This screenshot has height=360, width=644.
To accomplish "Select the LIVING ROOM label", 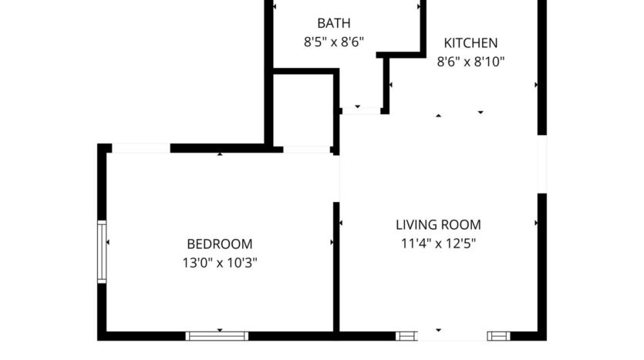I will coord(438,225).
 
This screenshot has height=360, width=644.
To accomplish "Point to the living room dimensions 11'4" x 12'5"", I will coord(438,244).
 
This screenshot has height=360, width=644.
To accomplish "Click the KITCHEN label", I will coord(470,43).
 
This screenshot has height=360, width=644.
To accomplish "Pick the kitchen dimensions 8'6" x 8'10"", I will coord(470,62).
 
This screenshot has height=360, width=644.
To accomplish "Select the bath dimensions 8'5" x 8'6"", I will coord(332,43).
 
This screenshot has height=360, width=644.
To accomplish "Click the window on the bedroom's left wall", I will coord(101,251).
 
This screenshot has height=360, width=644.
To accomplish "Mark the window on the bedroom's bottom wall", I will coord(217,335).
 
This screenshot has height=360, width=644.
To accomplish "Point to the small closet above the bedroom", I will coord(304,108).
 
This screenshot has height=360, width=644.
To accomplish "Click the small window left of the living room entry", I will coord(405,335).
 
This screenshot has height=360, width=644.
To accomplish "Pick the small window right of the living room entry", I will coord(499,335).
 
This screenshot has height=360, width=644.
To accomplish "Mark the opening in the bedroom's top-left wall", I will coord(140,148).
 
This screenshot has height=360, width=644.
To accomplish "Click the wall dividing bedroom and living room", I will coord(336,266).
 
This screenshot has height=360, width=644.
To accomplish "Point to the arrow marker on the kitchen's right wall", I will coord(536,85).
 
